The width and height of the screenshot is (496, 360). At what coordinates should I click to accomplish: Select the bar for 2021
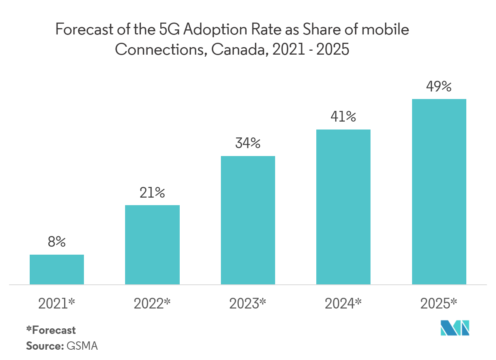point(57,269)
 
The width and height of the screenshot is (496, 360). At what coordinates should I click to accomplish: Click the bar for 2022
point(152,244)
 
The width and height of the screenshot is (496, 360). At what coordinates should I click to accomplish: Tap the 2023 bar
point(248,220)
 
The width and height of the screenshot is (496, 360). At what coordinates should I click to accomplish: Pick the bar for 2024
point(343,207)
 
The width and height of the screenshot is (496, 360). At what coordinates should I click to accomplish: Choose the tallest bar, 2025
point(439,191)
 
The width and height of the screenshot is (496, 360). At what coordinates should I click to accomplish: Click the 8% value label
point(57,242)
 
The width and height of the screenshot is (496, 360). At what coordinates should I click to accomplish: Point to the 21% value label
point(152,193)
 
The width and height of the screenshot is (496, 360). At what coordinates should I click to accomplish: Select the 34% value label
point(248,143)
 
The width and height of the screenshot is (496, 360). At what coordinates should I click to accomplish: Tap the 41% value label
point(343,117)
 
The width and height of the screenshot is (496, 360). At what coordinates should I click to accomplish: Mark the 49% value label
point(439,86)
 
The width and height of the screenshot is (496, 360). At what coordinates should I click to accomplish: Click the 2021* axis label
point(57,304)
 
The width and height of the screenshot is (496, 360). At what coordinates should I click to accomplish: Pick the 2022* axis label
point(152,304)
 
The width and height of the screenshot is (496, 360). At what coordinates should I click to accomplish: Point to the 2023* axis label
point(248,304)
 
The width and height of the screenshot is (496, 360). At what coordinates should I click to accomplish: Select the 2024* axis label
point(343,304)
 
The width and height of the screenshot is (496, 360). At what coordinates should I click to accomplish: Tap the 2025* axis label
point(439,304)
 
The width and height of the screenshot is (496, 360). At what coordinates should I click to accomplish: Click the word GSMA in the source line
point(82,345)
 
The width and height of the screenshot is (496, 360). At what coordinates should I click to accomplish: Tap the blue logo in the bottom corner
point(455,328)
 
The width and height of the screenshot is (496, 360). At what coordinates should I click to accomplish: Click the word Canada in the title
point(241,50)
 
